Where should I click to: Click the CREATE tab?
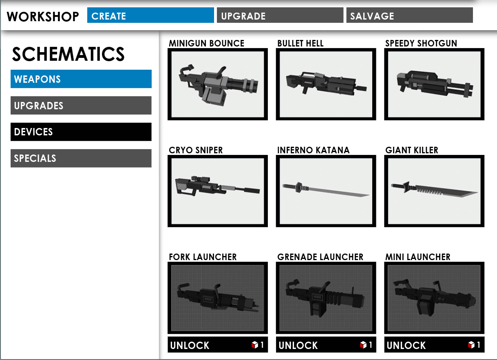pyautogui.click(x=150, y=16)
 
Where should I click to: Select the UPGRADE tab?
pyautogui.click(x=280, y=16)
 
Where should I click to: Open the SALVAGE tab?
pyautogui.click(x=409, y=16)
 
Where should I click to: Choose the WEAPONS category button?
pyautogui.click(x=81, y=79)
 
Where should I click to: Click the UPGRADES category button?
pyautogui.click(x=81, y=106)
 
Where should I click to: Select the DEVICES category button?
pyautogui.click(x=81, y=132)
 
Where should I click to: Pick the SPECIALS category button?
pyautogui.click(x=81, y=158)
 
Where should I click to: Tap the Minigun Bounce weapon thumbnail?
pyautogui.click(x=218, y=84)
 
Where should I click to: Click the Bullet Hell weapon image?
pyautogui.click(x=326, y=84)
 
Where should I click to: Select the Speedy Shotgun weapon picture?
pyautogui.click(x=434, y=84)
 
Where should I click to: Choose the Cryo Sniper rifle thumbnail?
pyautogui.click(x=218, y=191)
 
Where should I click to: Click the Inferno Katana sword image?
pyautogui.click(x=326, y=191)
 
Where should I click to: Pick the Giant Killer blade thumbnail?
pyautogui.click(x=434, y=191)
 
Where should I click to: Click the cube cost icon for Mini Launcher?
pyautogui.click(x=471, y=345)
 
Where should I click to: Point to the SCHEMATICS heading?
pyautogui.click(x=68, y=54)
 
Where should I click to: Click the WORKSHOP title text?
pyautogui.click(x=43, y=17)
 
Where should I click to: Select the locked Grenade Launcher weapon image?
pyautogui.click(x=326, y=298)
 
